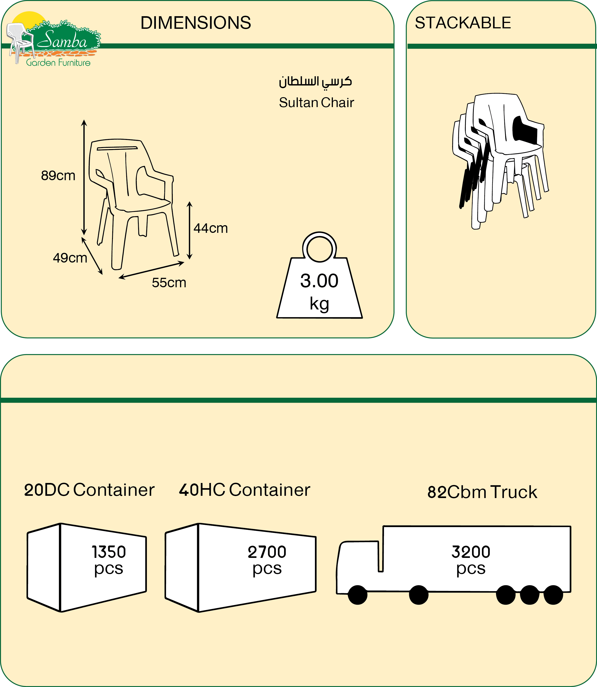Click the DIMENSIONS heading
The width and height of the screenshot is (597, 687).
(x=195, y=23)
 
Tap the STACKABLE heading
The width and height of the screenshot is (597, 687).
(x=462, y=23)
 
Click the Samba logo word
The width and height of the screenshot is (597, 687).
(x=62, y=41)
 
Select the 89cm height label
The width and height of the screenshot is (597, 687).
(x=58, y=176)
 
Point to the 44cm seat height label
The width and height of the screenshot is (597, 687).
(x=211, y=228)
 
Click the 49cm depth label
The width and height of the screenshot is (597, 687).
(x=70, y=258)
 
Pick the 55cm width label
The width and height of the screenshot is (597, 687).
(x=169, y=283)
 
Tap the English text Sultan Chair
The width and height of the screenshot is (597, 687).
(x=316, y=103)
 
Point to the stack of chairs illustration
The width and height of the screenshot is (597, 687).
(x=500, y=160)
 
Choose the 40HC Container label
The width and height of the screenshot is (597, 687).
(x=245, y=490)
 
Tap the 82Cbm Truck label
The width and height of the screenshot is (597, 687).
(x=482, y=492)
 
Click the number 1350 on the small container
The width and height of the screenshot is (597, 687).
(x=109, y=552)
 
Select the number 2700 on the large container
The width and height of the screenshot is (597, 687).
(x=267, y=552)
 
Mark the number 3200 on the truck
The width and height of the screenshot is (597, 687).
(x=471, y=552)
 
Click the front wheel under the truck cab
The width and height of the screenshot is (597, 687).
(x=357, y=595)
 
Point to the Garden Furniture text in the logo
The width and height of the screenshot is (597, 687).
(x=58, y=63)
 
